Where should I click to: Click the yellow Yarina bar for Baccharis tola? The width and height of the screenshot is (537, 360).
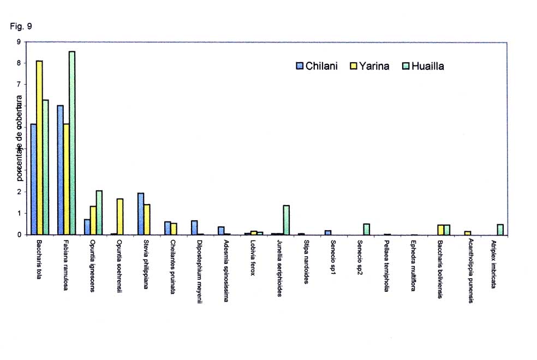click(39, 147)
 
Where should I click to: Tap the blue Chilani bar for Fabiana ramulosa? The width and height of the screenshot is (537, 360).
click(60, 170)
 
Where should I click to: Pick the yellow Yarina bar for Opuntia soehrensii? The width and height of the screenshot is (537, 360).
click(120, 217)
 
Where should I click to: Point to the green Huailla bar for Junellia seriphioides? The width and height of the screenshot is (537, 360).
click(286, 220)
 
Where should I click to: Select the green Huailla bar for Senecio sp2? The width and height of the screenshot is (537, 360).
click(366, 229)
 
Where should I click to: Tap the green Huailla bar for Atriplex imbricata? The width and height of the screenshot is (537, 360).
click(500, 229)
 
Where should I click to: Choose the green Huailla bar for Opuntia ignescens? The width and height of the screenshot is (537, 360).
click(99, 212)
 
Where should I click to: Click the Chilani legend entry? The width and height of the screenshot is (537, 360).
click(317, 66)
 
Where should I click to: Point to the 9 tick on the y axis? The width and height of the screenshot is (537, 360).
click(19, 41)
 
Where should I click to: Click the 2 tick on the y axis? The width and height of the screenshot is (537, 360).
click(19, 192)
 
